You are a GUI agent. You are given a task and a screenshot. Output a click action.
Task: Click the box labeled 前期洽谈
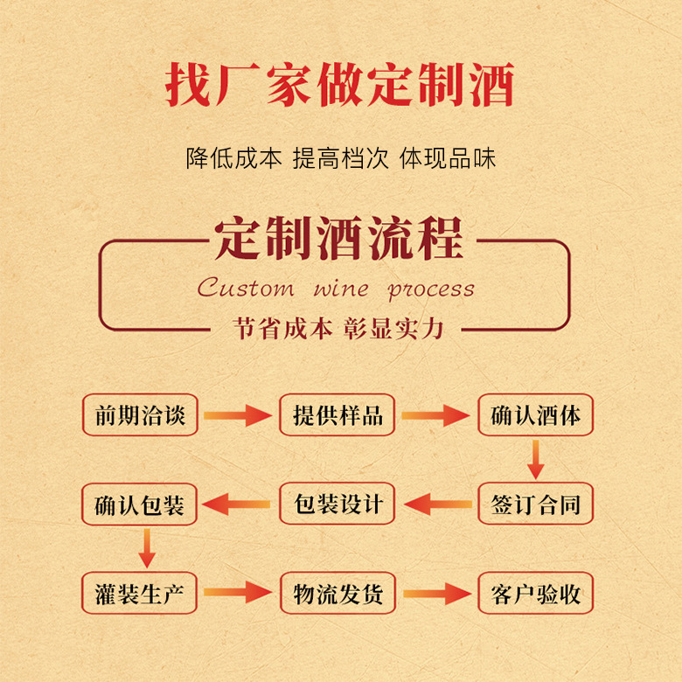click(x=140, y=414)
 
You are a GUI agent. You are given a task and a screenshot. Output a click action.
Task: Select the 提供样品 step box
click(x=338, y=414)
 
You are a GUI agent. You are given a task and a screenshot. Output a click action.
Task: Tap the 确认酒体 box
click(x=535, y=414)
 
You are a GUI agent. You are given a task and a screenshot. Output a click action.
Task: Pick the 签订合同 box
click(x=535, y=505)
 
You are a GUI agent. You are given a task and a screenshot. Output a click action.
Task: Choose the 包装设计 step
click(x=338, y=505)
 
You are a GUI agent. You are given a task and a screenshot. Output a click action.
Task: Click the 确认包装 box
click(x=140, y=505)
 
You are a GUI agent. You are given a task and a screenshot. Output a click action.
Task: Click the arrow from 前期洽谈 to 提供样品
click(x=238, y=415)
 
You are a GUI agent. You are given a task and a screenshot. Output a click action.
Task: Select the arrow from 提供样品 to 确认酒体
click(x=435, y=415)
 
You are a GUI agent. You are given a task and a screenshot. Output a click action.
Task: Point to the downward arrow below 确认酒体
click(x=536, y=459)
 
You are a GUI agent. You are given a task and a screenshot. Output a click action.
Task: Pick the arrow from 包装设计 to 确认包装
click(x=238, y=505)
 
